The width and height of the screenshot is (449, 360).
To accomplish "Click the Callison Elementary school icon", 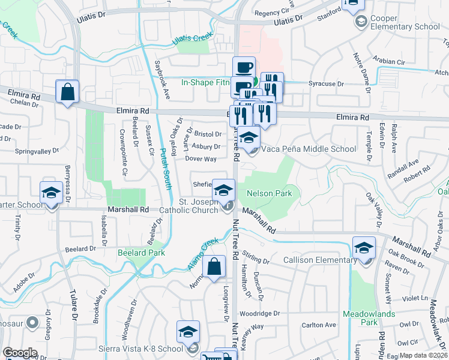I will click(x=364, y=247).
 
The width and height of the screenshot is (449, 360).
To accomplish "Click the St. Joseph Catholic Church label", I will click(x=192, y=206).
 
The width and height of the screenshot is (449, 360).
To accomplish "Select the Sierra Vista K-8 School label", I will click(x=141, y=349).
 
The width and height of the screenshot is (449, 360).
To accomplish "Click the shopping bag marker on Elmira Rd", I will click(x=67, y=92).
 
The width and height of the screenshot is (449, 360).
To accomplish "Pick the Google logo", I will click(x=20, y=353).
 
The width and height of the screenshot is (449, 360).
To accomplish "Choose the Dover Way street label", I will click(x=201, y=159).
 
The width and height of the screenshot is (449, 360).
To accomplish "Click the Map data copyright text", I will click(x=424, y=355).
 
